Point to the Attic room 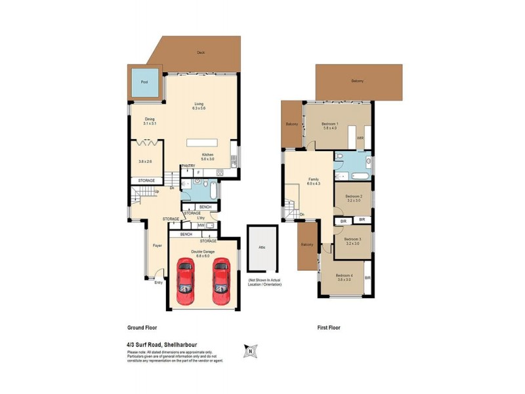[261, 248]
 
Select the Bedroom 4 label [344, 277]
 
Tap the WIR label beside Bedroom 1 [360, 139]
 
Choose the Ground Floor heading [141, 327]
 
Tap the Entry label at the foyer [158, 283]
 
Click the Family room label [314, 181]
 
